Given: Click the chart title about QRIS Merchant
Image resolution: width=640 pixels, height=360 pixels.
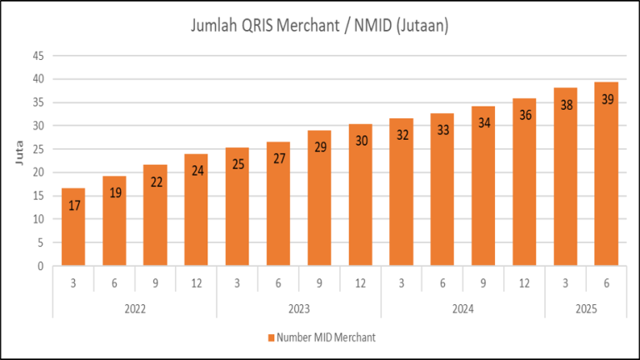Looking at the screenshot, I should pos(319,27).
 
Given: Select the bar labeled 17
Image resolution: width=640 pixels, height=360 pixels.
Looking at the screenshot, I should pos(73,229).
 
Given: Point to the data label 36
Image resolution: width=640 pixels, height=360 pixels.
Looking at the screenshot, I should pos(525,116).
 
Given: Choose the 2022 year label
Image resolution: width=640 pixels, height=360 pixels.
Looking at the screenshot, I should pos(135,308).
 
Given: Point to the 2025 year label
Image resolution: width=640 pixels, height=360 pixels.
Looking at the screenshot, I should pos(586,308).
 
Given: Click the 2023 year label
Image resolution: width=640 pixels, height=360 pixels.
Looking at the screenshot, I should pos(299,308).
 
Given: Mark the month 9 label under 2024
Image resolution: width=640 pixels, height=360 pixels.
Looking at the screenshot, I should pos(483,282).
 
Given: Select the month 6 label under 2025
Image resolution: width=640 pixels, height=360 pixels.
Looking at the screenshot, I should pos(607,282).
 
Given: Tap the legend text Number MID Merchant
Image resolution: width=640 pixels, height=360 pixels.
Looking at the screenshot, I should pos(325,337).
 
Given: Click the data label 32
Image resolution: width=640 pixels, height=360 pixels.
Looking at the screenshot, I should pos(402,135).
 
